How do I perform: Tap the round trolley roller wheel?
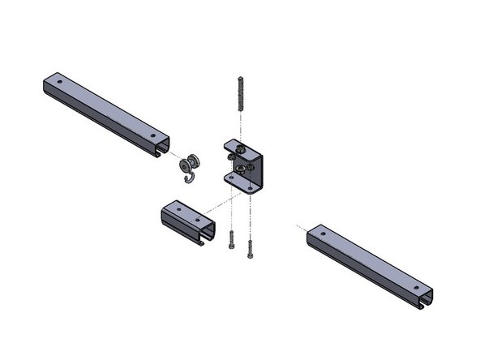pos(189,165)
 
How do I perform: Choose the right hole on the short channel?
pos(197,219)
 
